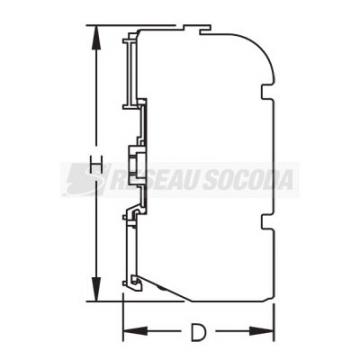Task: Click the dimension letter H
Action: click(96, 166)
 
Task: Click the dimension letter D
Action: click(198, 332)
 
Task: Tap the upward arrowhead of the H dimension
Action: click(96, 37)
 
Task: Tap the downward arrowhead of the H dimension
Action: click(96, 289)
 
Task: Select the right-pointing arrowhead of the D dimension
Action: click(262, 331)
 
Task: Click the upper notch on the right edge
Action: click(267, 92)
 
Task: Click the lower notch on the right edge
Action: click(267, 222)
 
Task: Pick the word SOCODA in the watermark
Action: click(248, 180)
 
